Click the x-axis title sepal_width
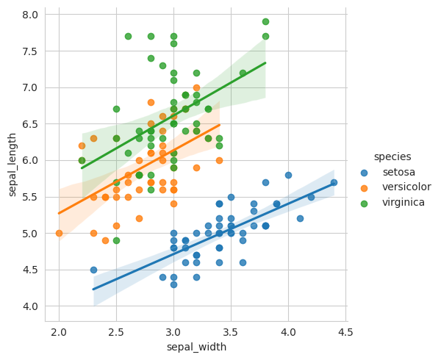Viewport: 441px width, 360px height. coord(196,346)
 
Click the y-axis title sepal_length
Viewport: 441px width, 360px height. coord(12,165)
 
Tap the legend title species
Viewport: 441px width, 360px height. coord(391,156)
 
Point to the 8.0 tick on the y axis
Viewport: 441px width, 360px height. coord(29,15)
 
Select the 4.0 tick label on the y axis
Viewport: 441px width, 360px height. coord(29,306)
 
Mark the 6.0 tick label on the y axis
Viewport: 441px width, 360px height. coord(29,160)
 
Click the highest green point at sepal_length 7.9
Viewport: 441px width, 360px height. coord(265,22)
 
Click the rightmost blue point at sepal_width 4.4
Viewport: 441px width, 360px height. coord(334,182)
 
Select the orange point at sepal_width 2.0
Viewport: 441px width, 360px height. coord(59,233)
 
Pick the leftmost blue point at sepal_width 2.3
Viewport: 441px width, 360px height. coord(93,270)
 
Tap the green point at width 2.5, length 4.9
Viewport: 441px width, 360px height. coord(116,240)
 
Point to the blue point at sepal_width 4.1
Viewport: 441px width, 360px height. coord(300,218)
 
